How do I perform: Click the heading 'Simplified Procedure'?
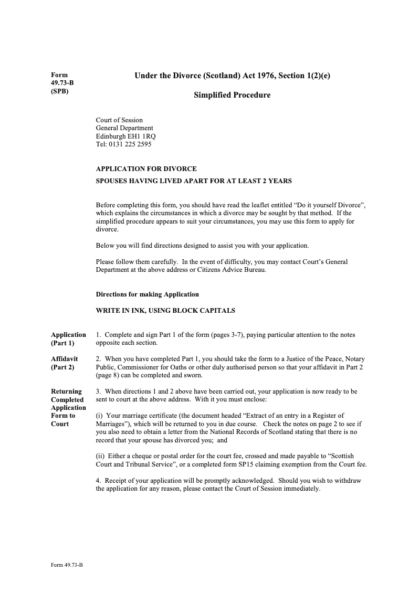[x=232, y=95]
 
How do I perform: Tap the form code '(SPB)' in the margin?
[x=60, y=91]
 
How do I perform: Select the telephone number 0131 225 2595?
[x=131, y=144]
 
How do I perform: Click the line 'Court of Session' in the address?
[x=119, y=120]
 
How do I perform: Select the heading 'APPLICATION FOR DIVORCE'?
[x=146, y=169]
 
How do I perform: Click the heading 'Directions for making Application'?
[x=147, y=294]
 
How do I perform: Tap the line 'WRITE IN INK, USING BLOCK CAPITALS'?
[x=165, y=311]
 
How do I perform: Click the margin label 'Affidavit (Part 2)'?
[x=64, y=363]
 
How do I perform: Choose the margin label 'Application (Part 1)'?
[x=68, y=338]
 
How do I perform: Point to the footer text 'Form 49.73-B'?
[x=67, y=564]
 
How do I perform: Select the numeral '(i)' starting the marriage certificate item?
[x=99, y=416]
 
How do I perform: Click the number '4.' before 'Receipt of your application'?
[x=99, y=480]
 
